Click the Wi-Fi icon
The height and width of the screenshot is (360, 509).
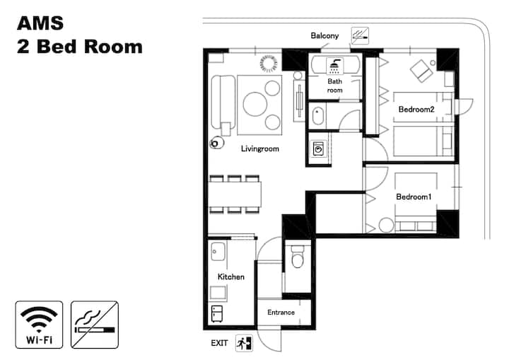pyautogui.click(x=39, y=325)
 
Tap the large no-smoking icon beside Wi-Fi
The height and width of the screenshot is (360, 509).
pyautogui.click(x=95, y=325)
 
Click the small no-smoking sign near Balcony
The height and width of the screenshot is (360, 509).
pyautogui.click(x=360, y=36)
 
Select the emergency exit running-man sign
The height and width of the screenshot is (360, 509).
pyautogui.click(x=244, y=343)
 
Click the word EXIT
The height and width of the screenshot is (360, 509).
pyautogui.click(x=219, y=343)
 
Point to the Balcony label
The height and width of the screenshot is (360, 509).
pyautogui.click(x=324, y=36)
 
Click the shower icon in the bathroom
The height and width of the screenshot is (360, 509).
pyautogui.click(x=334, y=66)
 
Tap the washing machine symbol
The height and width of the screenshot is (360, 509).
pyautogui.click(x=318, y=149)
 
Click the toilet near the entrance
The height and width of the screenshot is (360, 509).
pyautogui.click(x=298, y=256)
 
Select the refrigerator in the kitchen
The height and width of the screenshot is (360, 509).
pyautogui.click(x=217, y=314)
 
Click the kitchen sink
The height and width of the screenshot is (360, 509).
pyautogui.click(x=218, y=251)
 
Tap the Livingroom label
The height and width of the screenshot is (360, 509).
pyautogui.click(x=260, y=149)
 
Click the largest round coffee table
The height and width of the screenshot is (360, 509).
pyautogui.click(x=255, y=104)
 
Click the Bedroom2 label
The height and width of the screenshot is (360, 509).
pyautogui.click(x=416, y=110)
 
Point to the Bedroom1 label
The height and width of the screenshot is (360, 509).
pyautogui.click(x=414, y=197)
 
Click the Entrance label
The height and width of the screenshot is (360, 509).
pyautogui.click(x=281, y=312)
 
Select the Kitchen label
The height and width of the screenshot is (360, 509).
pyautogui.click(x=230, y=277)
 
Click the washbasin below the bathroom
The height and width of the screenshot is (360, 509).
pyautogui.click(x=318, y=116)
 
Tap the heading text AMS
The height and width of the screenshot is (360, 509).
pyautogui.click(x=40, y=23)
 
